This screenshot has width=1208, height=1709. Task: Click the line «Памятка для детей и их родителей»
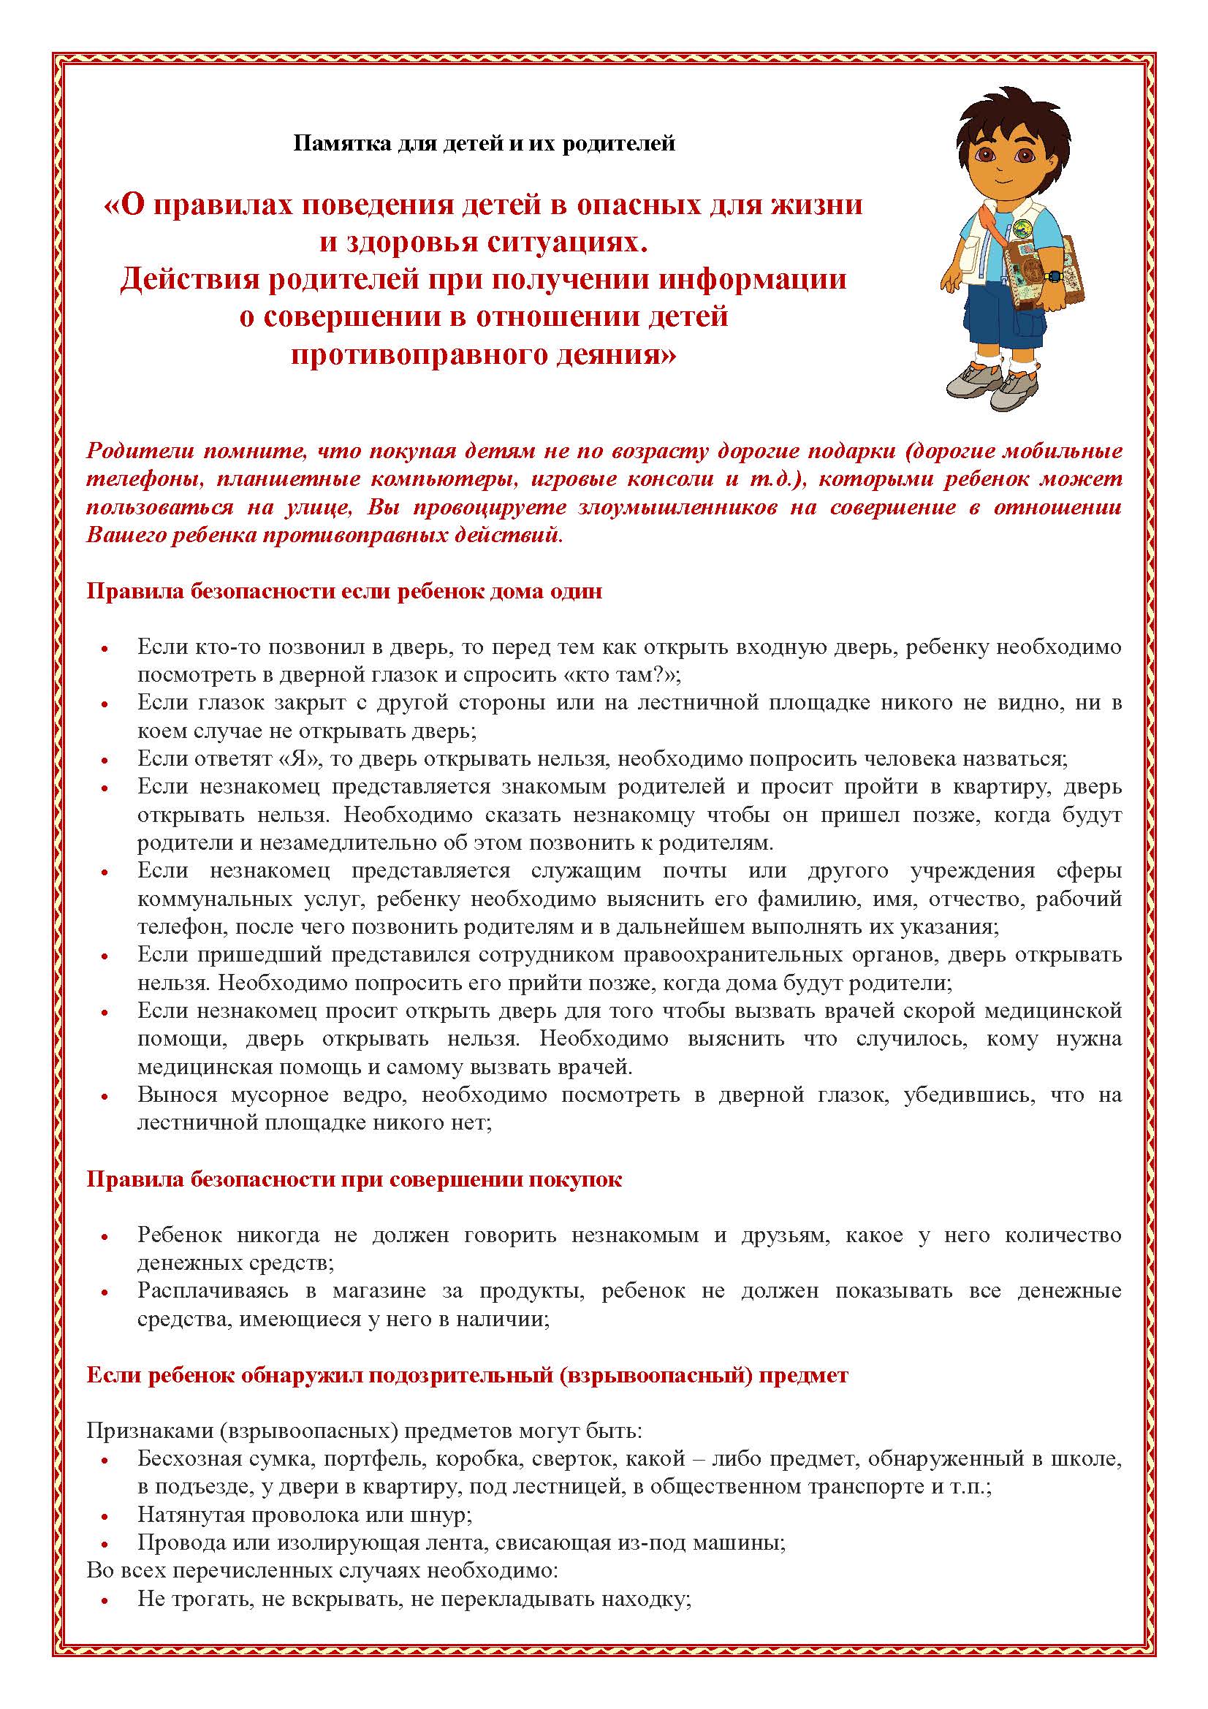click(x=484, y=143)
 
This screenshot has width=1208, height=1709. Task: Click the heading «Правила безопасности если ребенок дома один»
click(x=344, y=592)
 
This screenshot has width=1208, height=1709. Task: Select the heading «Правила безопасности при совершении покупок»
click(x=354, y=1180)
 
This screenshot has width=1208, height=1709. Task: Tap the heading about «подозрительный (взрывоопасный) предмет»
click(x=467, y=1375)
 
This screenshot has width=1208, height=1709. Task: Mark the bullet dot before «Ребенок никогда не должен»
click(x=105, y=1237)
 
